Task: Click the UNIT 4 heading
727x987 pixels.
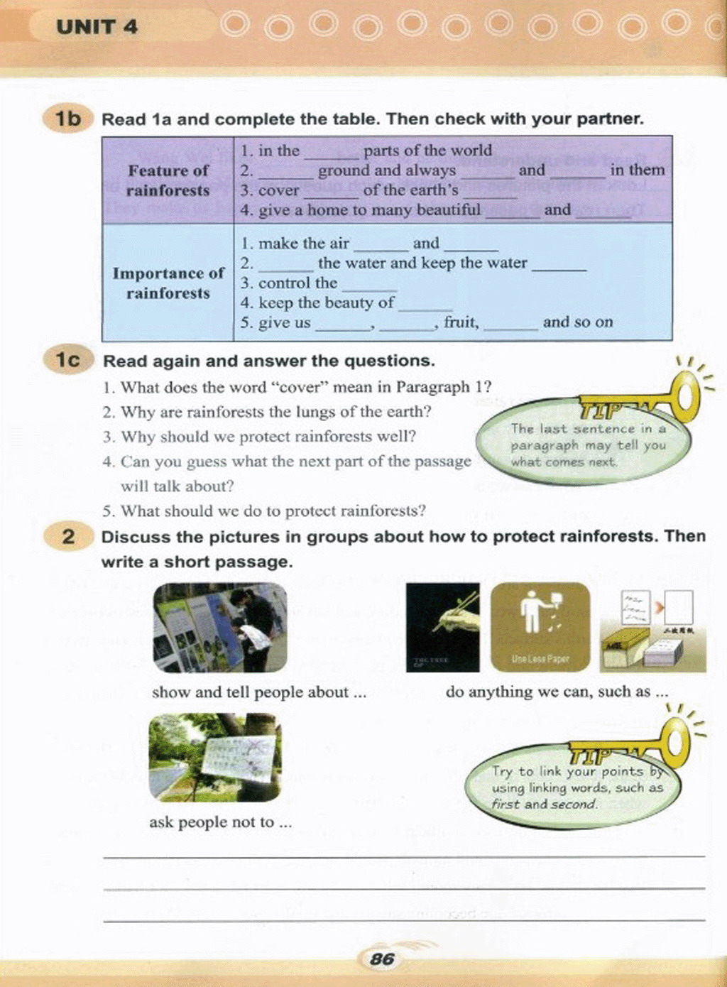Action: tap(97, 27)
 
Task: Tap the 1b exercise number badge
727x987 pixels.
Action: tap(67, 119)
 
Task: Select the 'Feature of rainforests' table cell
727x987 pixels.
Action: tap(168, 180)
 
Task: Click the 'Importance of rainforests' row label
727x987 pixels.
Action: tap(168, 283)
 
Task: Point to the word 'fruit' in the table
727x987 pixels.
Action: tap(460, 322)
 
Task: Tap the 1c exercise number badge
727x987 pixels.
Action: tap(67, 360)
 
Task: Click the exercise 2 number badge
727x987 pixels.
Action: tap(68, 536)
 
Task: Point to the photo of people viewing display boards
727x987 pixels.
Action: tap(220, 627)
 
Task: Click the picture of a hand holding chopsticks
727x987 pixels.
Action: tap(442, 627)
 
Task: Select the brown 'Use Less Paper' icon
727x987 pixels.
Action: tap(540, 627)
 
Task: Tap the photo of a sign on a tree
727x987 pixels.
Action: tap(215, 758)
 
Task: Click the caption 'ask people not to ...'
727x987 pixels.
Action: tap(220, 822)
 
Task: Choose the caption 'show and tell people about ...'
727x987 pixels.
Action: tap(258, 692)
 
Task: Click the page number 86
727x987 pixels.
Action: tap(382, 959)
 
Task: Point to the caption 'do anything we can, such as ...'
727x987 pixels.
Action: tap(557, 692)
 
